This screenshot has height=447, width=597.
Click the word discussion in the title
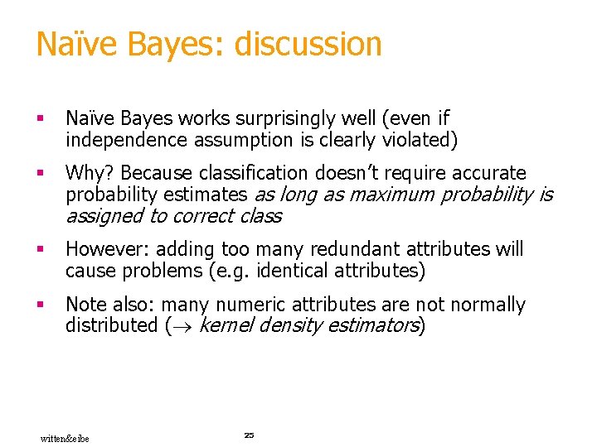click(308, 44)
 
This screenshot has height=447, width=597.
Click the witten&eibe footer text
click(65, 438)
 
